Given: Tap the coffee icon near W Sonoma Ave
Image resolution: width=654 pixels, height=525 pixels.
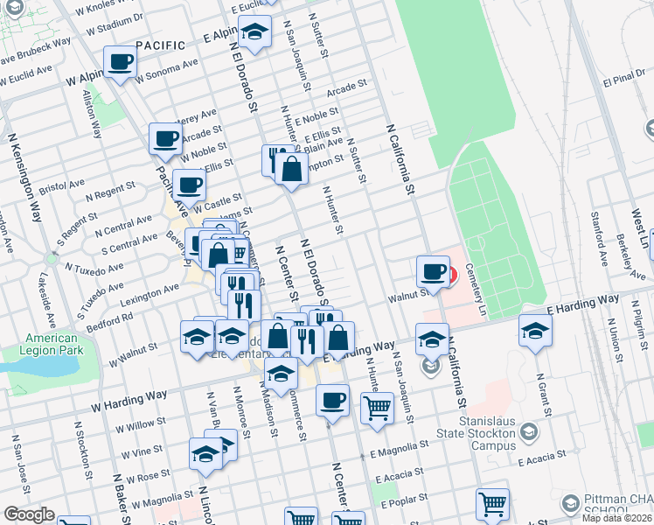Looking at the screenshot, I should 120,62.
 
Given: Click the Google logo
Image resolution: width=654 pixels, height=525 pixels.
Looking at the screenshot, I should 29,514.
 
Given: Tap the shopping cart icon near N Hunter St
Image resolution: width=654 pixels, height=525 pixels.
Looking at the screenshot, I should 377,407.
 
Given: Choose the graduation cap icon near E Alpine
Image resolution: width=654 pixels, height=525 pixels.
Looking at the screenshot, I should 254,33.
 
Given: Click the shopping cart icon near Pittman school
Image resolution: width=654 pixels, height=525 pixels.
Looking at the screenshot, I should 491,504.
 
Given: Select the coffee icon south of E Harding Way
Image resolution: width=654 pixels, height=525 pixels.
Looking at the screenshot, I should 331,401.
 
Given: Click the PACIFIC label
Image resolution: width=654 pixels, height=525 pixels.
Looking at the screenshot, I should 161,45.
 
